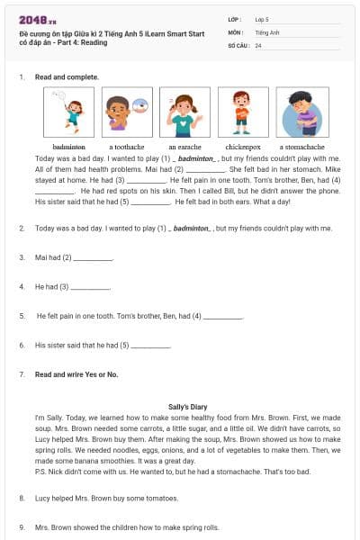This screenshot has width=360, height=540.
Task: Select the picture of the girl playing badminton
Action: [x=68, y=112]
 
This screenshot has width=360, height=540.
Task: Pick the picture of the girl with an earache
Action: [x=184, y=112]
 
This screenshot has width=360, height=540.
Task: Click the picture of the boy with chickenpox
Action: [x=243, y=112]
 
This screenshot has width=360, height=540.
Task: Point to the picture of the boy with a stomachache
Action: [x=301, y=112]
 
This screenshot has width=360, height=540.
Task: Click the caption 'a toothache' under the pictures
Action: [x=126, y=147]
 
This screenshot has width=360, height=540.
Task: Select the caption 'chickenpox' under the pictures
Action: [x=243, y=147]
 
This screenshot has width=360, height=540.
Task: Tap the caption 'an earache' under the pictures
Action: [x=184, y=147]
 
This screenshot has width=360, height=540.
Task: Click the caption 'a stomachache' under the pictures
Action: [x=301, y=147]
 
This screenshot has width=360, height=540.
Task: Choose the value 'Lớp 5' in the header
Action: [x=263, y=19]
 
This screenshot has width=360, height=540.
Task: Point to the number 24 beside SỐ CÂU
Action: [x=258, y=45]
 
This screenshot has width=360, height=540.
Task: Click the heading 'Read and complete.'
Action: [x=67, y=77]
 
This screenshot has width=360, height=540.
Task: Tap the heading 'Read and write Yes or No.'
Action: [x=76, y=373]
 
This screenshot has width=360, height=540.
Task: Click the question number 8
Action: [x=21, y=498]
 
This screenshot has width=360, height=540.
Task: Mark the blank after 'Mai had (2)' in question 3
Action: [x=94, y=259]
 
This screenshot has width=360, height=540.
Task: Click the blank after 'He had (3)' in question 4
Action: [x=90, y=289]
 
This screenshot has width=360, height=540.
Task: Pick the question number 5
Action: [x=21, y=316]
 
